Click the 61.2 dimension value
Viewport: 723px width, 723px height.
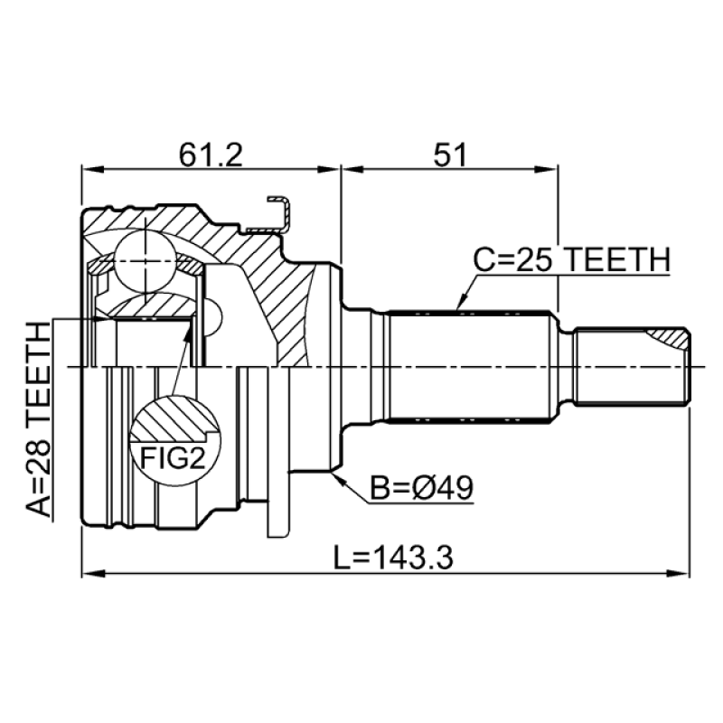[211, 155]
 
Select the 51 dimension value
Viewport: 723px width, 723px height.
[448, 155]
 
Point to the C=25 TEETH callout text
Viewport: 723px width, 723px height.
[571, 260]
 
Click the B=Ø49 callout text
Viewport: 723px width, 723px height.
[423, 488]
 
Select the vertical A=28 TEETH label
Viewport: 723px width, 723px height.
[40, 421]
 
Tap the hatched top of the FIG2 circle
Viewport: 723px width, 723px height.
[177, 418]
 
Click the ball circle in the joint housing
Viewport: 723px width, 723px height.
[147, 261]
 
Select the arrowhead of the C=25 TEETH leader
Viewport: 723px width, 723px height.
[459, 307]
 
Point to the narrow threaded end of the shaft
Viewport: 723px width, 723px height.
[633, 366]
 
